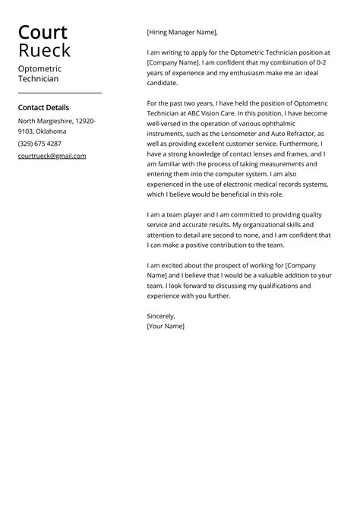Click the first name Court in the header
tap(43, 32)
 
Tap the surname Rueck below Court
tap(44, 51)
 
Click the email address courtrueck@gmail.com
tap(52, 156)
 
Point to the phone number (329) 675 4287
tap(39, 144)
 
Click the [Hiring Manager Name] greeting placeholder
tap(182, 32)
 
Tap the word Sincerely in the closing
tap(161, 315)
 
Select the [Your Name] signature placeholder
tap(166, 326)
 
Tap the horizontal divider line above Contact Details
tap(59, 93)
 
